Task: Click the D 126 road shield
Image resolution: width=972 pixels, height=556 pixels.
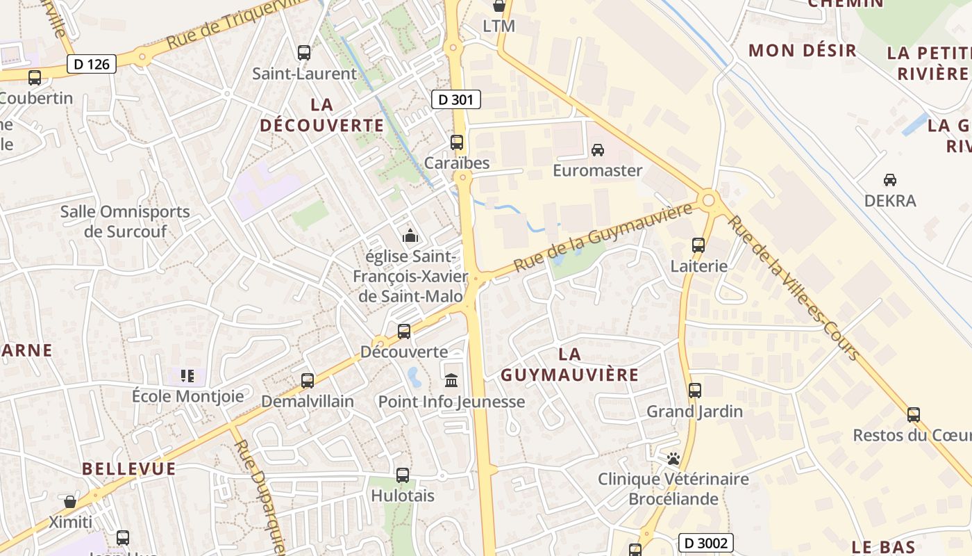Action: [x=92, y=65]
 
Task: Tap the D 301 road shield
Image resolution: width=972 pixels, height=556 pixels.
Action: [x=456, y=99]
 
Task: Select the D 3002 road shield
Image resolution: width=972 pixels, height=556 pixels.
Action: [x=705, y=543]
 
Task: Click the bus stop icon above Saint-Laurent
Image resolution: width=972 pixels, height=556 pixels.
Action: [x=304, y=52]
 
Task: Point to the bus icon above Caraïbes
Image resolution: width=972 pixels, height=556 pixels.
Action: [x=457, y=142]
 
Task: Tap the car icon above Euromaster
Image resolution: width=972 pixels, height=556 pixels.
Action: [x=597, y=149]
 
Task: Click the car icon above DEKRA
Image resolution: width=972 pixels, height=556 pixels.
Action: [x=889, y=180]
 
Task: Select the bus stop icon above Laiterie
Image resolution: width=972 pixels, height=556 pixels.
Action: [x=698, y=245]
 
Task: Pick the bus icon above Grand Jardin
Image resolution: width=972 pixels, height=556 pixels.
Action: [x=695, y=391]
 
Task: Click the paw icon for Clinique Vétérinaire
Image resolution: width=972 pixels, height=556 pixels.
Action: [x=673, y=459]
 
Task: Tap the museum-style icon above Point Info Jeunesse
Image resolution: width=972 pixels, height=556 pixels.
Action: [x=451, y=380]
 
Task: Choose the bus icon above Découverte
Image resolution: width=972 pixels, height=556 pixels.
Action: [x=404, y=332]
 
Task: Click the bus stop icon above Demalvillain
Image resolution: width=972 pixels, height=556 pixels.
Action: [x=308, y=381]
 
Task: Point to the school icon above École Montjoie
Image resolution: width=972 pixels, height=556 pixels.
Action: [x=187, y=376]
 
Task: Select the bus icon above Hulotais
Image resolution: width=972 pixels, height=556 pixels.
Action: [x=403, y=475]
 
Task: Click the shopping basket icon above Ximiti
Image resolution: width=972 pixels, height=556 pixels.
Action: [x=70, y=501]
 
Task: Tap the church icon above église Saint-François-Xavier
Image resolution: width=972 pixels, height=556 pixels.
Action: [x=410, y=236]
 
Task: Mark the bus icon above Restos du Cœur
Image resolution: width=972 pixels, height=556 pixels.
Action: [x=914, y=415]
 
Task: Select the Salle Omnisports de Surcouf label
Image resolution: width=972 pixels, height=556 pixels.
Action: [x=125, y=221]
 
